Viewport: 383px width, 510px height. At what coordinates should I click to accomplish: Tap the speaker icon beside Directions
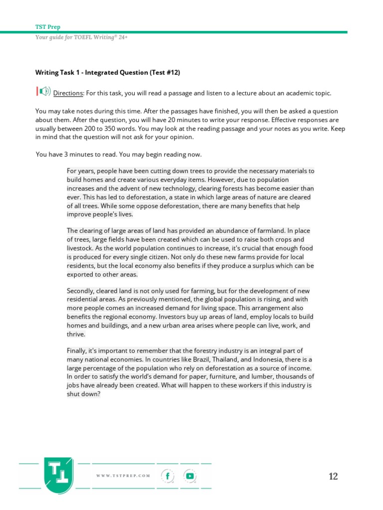[43, 91]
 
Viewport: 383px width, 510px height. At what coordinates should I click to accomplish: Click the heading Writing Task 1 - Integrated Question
[107, 72]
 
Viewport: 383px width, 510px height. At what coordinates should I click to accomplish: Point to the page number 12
[333, 477]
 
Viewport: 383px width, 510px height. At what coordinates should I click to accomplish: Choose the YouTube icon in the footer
[190, 476]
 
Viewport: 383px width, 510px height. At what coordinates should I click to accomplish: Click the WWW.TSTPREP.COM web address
[123, 476]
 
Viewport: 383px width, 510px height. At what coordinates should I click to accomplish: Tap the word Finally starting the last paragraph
[77, 351]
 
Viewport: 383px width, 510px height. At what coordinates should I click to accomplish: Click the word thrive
[76, 334]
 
